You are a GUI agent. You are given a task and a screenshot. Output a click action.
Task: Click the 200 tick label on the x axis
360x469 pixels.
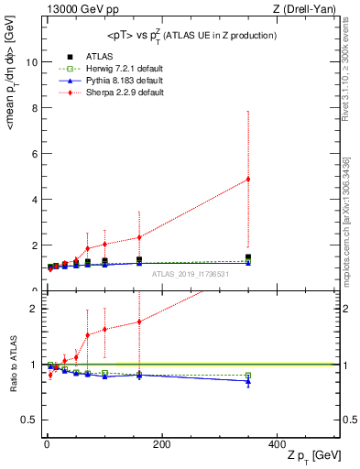pos(161,444)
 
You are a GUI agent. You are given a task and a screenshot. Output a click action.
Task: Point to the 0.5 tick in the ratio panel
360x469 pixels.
pos(28,420)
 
